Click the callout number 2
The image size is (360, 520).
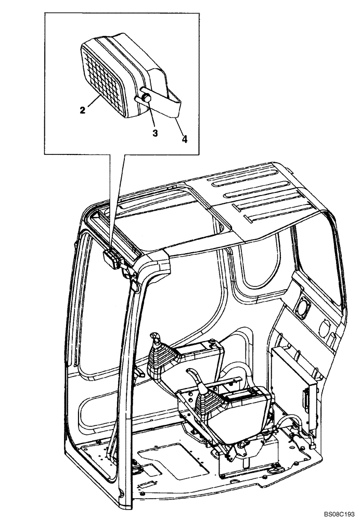click(82, 110)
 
